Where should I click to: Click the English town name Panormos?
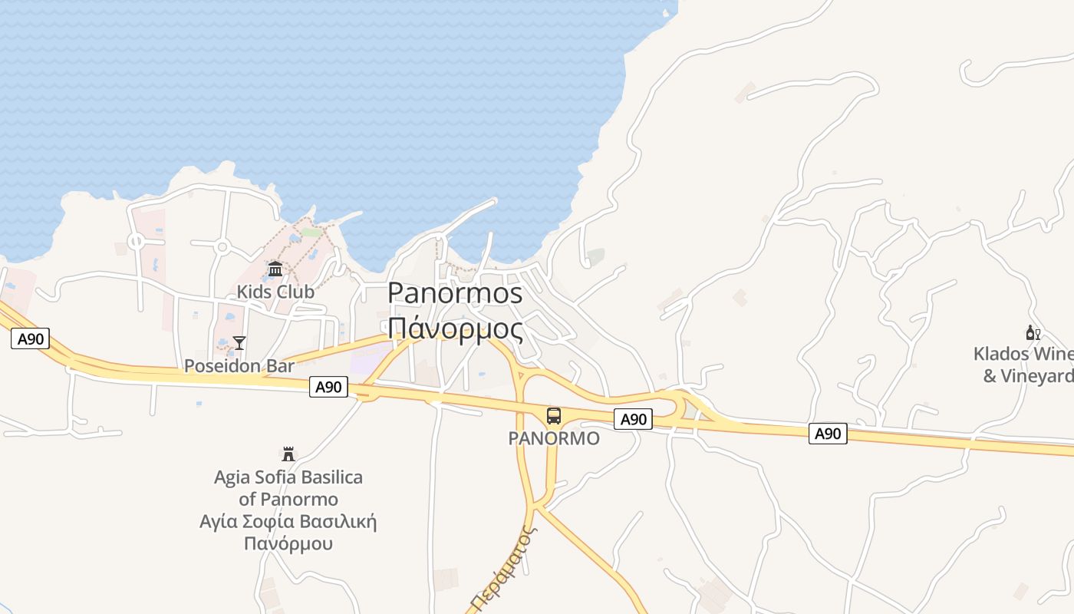pos(455,293)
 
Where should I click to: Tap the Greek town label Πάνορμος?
pos(455,328)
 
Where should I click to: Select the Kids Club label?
pos(275,292)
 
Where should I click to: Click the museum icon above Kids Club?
pos(275,269)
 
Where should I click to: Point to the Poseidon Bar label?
pos(239,366)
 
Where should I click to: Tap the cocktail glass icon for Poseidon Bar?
pos(239,343)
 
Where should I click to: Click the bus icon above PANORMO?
pos(553,416)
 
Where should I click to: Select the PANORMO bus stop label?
pos(553,438)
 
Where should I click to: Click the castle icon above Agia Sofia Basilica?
pos(288,454)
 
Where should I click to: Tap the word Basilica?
pos(331,477)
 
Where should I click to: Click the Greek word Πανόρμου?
pos(288,544)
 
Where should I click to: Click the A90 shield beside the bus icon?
pos(633,419)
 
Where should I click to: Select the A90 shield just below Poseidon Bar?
pos(328,388)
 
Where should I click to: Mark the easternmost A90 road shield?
pos(828,434)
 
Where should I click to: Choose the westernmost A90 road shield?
pos(30,338)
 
